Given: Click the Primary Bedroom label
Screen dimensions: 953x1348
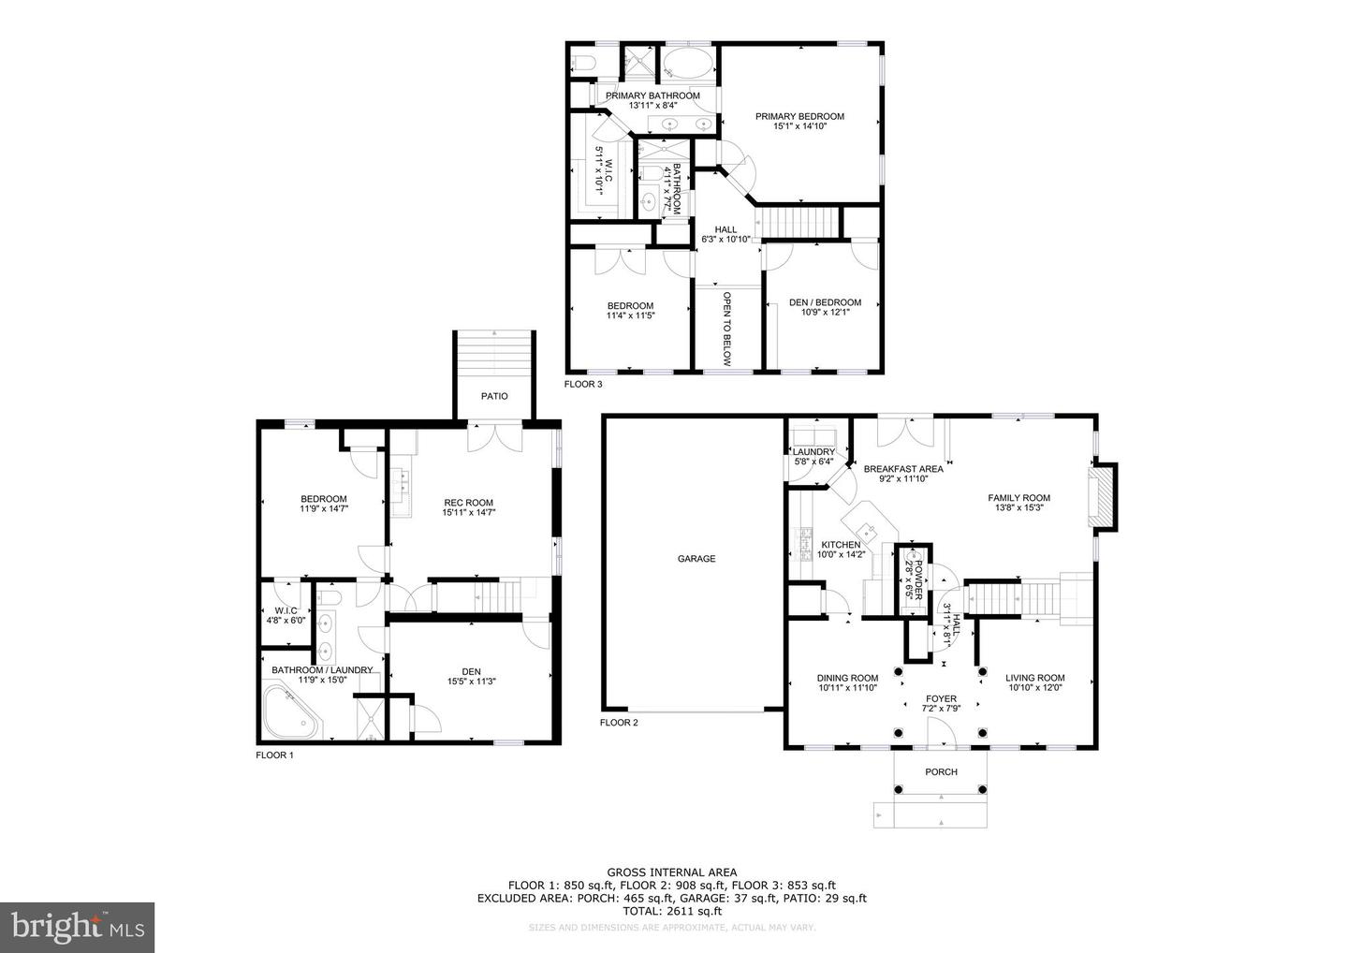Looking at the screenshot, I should tap(800, 117).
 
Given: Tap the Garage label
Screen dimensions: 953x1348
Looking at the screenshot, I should tap(696, 559).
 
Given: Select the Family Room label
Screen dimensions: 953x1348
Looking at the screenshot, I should tap(1018, 498).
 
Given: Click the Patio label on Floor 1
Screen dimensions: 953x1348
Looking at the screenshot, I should tap(494, 396).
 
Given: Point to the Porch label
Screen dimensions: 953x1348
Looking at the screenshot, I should tap(941, 772).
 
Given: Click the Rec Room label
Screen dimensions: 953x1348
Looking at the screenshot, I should tap(468, 503).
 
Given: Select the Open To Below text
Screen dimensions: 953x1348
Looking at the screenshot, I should tap(726, 328).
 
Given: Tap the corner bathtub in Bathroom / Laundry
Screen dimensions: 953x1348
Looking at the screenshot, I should tap(290, 712).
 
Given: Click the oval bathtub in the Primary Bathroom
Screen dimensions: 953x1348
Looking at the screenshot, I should tap(688, 66).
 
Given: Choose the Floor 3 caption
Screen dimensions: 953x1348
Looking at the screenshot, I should tap(583, 384).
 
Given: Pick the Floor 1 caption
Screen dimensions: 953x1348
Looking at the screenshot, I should tap(274, 755).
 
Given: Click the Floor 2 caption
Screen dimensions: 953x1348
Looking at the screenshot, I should tap(619, 723).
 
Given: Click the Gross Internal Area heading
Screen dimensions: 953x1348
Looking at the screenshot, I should tap(671, 872).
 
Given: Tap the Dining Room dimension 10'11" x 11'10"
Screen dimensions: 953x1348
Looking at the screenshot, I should tap(847, 688).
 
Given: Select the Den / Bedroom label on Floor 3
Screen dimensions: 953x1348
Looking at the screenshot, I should tap(825, 302).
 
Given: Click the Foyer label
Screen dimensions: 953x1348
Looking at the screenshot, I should tap(941, 698).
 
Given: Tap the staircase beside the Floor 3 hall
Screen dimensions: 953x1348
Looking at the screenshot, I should tap(798, 223).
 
